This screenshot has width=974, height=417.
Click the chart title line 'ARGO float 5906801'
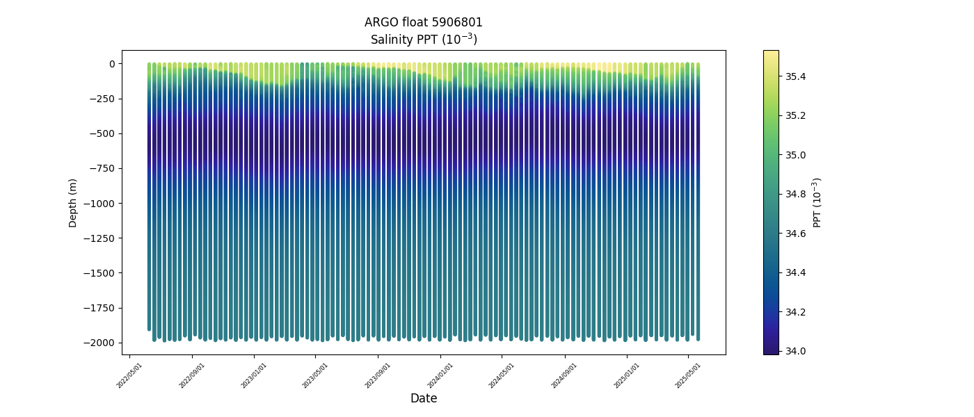(x=423, y=22)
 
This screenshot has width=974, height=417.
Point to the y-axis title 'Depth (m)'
(x=73, y=202)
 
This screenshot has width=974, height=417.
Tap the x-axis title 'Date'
(x=423, y=398)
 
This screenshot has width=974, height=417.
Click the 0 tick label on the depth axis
(x=111, y=64)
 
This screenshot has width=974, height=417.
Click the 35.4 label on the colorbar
(x=795, y=76)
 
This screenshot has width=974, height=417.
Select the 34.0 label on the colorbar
(x=795, y=351)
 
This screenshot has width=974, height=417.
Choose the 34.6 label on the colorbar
(x=795, y=234)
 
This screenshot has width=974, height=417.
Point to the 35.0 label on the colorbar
(x=795, y=154)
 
